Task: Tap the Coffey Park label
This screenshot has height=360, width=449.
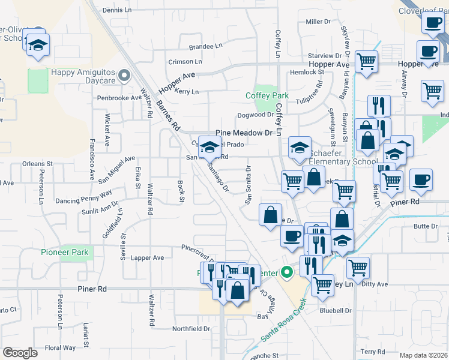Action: click(x=267, y=95)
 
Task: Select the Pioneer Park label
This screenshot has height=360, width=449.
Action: click(x=65, y=253)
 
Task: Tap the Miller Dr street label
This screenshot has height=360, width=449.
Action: click(x=318, y=22)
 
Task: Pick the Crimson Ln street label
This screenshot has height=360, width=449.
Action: click(x=185, y=62)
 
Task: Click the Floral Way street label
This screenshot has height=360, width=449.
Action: click(x=61, y=347)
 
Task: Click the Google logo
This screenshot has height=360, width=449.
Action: click(x=20, y=353)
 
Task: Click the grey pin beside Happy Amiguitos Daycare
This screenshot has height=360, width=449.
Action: click(x=124, y=76)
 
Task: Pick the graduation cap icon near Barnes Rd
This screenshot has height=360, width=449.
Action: click(x=209, y=147)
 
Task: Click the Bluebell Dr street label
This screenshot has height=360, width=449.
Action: click(x=335, y=311)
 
